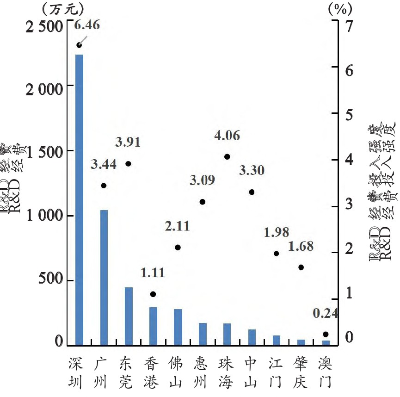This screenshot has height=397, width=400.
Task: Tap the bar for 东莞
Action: [x=129, y=316]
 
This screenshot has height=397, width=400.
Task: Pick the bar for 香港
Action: [x=153, y=326]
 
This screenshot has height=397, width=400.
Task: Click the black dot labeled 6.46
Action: [x=79, y=45]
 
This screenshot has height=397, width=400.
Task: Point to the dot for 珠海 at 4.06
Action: [x=227, y=157]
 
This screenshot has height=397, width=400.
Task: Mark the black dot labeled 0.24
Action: [x=326, y=334]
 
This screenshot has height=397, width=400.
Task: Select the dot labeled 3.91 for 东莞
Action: [x=128, y=163]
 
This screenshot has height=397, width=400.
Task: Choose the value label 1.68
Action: [x=301, y=246]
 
